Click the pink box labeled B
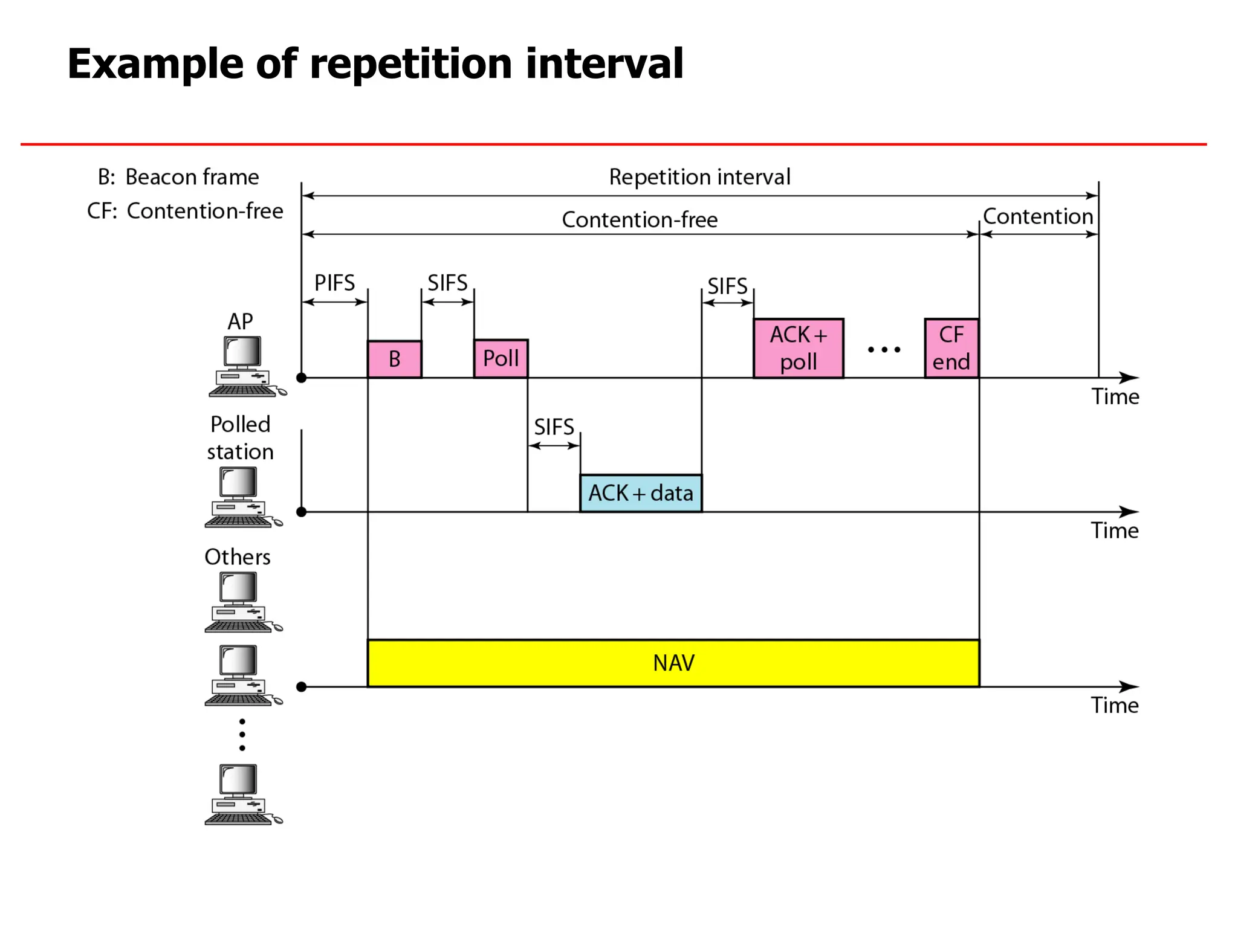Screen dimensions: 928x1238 (394, 359)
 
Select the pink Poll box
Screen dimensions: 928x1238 (501, 359)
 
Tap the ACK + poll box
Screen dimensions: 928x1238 (798, 349)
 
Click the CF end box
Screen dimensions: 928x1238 (951, 349)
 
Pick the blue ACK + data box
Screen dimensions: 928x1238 (641, 494)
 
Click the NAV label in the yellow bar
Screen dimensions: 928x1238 (673, 663)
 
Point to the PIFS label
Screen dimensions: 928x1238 (334, 283)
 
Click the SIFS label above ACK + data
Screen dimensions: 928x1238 (554, 427)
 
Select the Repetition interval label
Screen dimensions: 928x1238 (699, 177)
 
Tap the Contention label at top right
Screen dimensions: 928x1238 (1038, 216)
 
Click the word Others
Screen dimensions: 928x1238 (238, 557)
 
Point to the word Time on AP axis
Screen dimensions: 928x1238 (1115, 397)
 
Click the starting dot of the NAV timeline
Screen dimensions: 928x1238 (302, 687)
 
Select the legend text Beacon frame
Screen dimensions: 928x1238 (192, 177)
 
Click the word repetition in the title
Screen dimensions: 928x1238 (410, 64)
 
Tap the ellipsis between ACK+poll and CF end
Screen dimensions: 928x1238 (884, 349)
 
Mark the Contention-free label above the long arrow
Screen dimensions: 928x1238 (640, 219)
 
